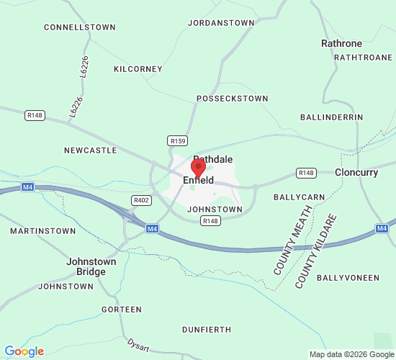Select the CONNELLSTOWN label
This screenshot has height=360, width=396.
[80, 27]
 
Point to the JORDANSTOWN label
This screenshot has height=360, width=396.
[221, 23]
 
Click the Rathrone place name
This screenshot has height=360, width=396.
[341, 43]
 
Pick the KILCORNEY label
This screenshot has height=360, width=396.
[138, 69]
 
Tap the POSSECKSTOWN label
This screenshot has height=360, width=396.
[233, 99]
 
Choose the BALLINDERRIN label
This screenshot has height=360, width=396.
[332, 117]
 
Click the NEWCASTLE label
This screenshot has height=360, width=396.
[90, 150]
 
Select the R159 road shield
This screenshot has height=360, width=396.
[178, 140]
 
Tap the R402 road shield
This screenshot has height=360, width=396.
[141, 200]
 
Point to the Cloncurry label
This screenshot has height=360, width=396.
[356, 173]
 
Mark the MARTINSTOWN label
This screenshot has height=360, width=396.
[42, 231]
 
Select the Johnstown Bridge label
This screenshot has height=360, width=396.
[86, 266]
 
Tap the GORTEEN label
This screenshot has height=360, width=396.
[122, 310]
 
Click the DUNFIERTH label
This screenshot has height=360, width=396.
[207, 330]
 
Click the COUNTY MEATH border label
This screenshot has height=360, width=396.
[292, 240]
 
